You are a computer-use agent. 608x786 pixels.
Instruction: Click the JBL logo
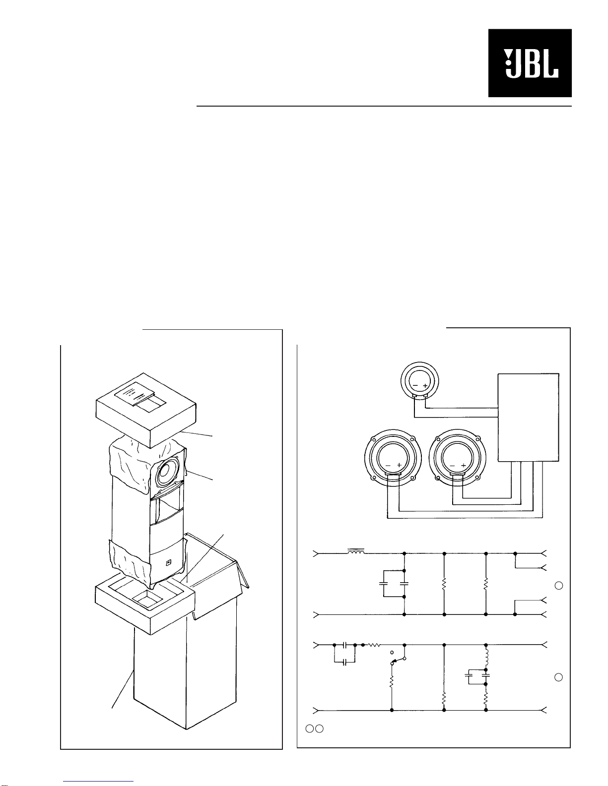[x=530, y=63]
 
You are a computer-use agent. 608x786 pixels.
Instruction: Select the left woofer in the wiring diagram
[x=393, y=458]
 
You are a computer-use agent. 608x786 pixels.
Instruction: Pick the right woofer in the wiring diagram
[x=458, y=458]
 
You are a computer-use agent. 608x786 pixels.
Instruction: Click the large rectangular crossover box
[x=529, y=418]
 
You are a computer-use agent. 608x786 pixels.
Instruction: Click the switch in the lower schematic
[x=398, y=659]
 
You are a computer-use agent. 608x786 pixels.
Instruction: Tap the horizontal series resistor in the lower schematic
[x=374, y=645]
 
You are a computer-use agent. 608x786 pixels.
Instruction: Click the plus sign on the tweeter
[x=425, y=386]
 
